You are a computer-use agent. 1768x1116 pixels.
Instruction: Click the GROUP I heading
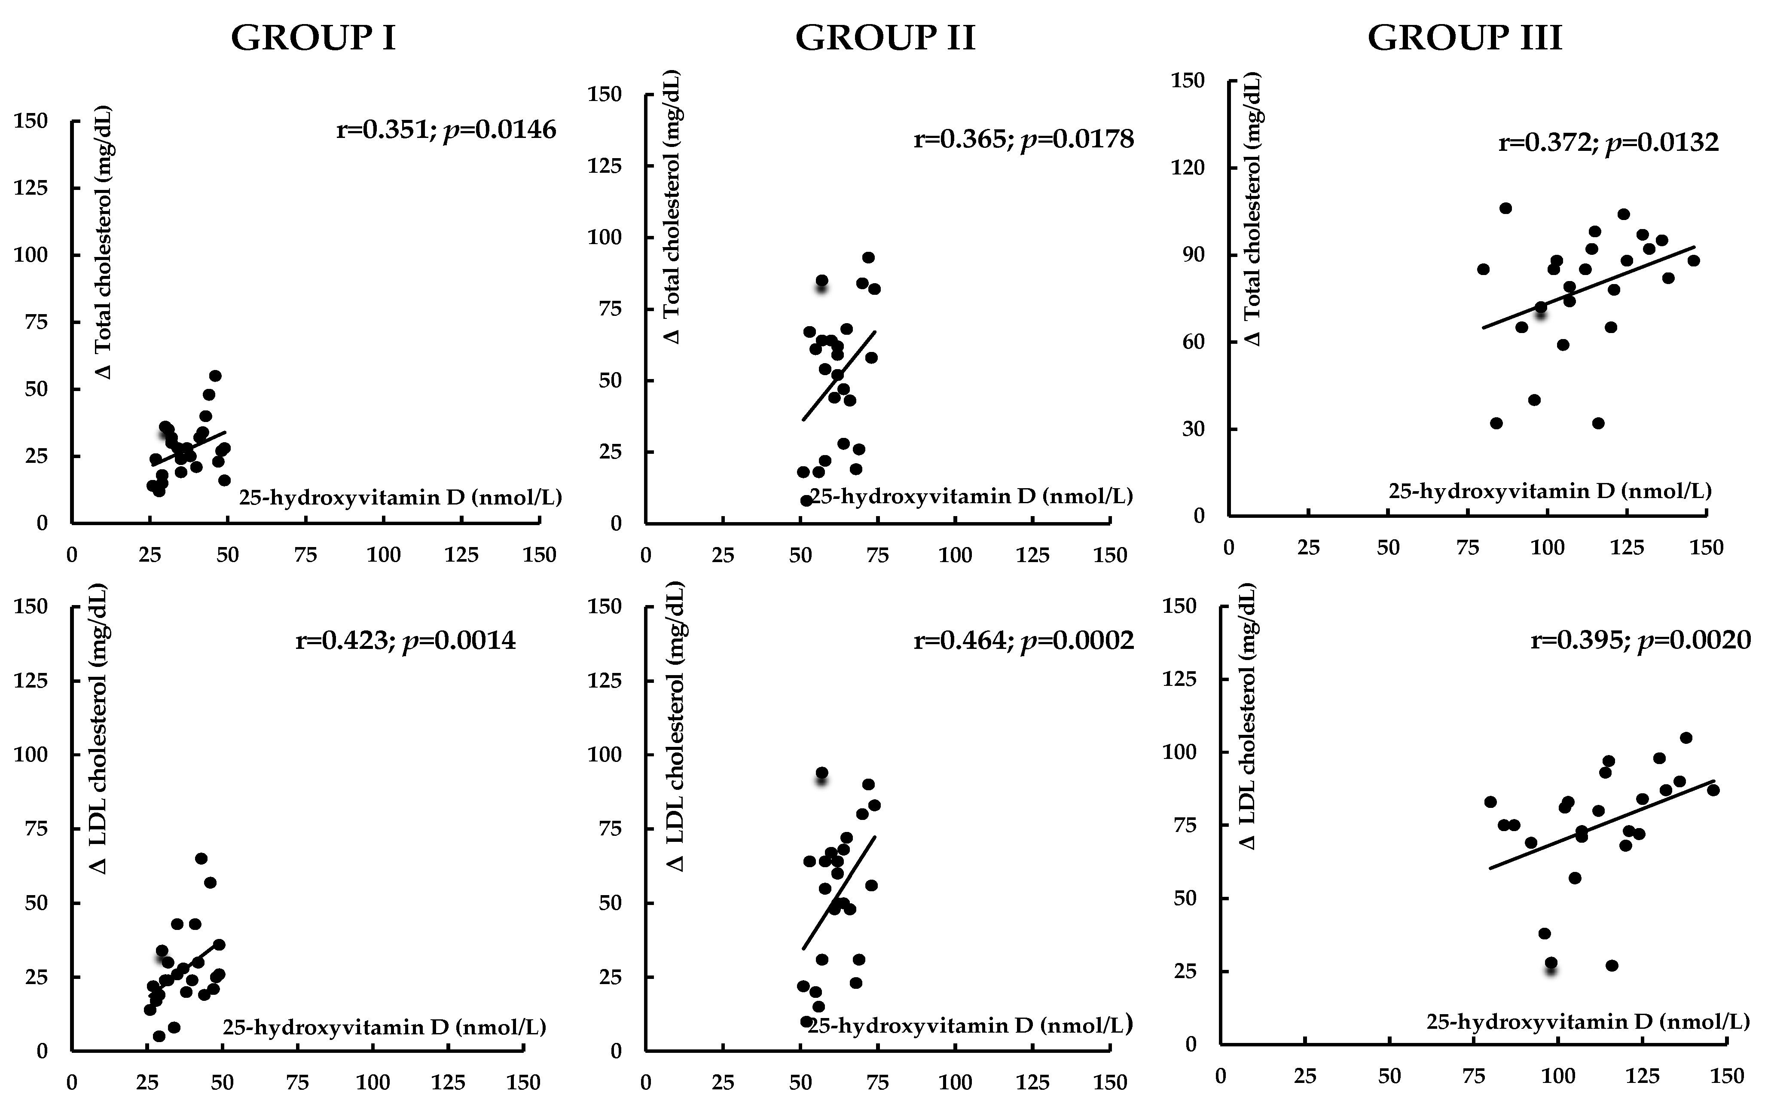(x=314, y=38)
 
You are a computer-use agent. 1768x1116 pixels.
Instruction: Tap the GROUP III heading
(x=1464, y=38)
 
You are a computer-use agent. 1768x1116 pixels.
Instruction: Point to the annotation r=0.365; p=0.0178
(x=1023, y=139)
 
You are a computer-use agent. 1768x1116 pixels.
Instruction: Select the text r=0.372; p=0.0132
(x=1608, y=142)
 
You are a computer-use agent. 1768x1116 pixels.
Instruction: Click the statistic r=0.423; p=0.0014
(x=405, y=641)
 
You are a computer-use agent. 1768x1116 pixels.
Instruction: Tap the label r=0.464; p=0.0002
(x=1023, y=641)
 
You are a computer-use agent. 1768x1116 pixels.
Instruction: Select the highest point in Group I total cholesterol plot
(x=215, y=376)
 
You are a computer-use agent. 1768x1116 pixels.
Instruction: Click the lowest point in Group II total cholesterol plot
(x=806, y=501)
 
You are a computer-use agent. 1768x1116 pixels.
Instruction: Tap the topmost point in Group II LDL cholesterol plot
(x=821, y=773)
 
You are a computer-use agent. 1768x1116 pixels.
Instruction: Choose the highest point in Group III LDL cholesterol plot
(x=1686, y=738)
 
